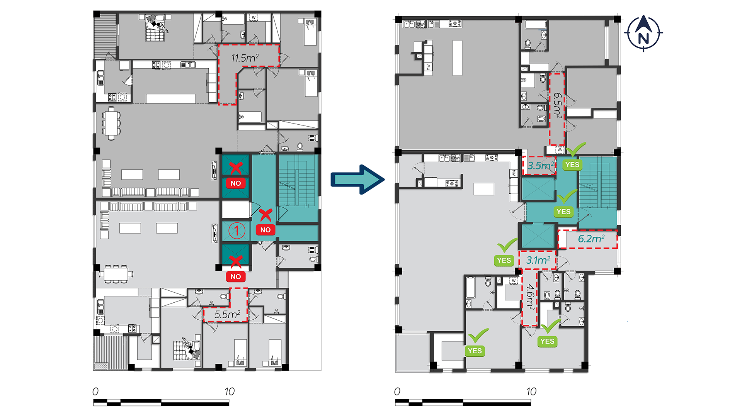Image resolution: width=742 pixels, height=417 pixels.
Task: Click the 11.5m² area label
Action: point(245,58)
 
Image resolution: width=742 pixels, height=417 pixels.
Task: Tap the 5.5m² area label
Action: point(228,314)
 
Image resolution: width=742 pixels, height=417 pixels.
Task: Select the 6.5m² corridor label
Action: point(557,105)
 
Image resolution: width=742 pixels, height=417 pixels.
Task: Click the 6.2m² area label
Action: point(591,239)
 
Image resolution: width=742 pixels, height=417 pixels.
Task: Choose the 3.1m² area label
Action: point(538,260)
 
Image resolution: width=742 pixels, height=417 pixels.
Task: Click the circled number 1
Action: point(237,231)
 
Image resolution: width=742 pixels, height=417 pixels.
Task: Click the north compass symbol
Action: point(643,34)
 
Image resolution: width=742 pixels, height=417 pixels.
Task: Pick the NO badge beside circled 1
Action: point(265,230)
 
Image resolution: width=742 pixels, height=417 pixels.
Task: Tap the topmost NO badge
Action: point(236,183)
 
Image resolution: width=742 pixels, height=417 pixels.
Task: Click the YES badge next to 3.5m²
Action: point(572,164)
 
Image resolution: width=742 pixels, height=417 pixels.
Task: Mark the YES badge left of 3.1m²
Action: point(504,260)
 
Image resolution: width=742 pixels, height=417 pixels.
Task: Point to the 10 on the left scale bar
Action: point(230,392)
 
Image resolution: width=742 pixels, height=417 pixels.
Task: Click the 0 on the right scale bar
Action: point(397,392)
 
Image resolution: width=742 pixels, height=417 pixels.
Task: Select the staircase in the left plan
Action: point(298,188)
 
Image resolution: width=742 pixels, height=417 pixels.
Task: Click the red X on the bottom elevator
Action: point(236,262)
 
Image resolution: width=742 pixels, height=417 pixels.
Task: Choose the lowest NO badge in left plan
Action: point(236,276)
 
